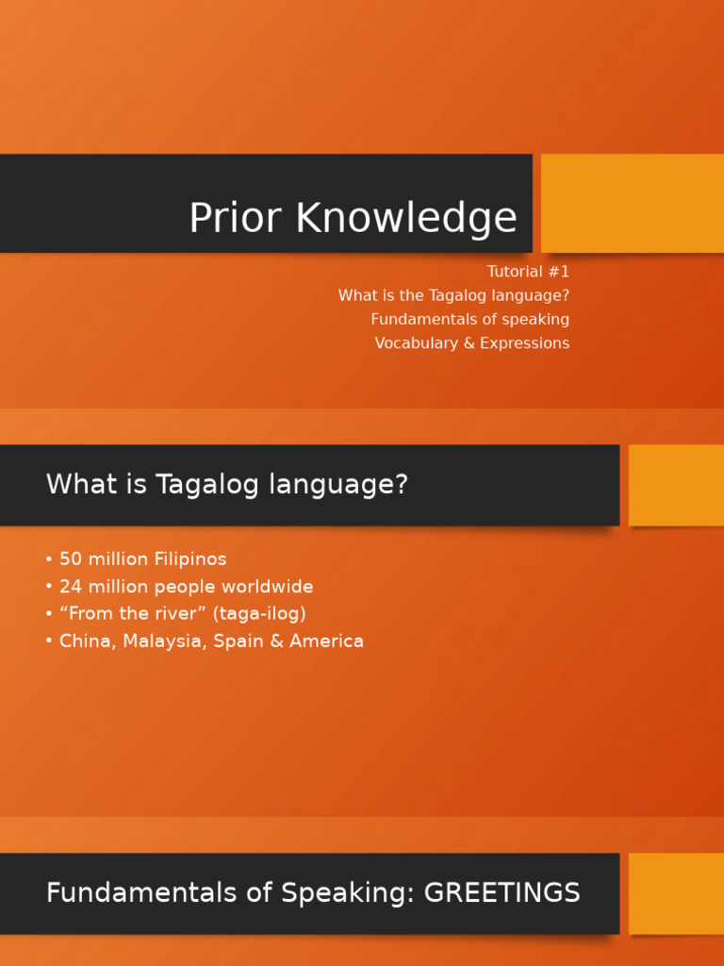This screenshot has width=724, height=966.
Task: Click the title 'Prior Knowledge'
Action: click(353, 218)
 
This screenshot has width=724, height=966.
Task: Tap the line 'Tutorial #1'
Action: click(528, 272)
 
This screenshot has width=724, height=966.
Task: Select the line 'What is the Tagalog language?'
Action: click(453, 295)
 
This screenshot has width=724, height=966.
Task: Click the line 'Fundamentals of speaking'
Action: click(469, 319)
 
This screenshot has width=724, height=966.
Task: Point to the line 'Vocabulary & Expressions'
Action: click(471, 343)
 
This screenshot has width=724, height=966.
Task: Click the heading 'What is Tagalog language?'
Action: click(227, 485)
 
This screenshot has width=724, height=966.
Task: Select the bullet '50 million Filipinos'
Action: click(142, 559)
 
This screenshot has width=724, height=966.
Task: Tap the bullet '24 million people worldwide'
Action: click(186, 587)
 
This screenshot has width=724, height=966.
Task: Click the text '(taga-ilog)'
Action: click(259, 614)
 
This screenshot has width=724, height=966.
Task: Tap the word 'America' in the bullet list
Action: click(326, 641)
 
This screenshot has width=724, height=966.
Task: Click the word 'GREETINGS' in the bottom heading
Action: click(502, 892)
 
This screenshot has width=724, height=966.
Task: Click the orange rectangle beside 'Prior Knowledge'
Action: click(632, 203)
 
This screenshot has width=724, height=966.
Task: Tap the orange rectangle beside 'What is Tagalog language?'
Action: click(676, 485)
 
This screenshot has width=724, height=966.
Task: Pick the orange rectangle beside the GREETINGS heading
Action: click(676, 892)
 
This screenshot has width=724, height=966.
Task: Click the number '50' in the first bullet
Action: click(72, 559)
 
